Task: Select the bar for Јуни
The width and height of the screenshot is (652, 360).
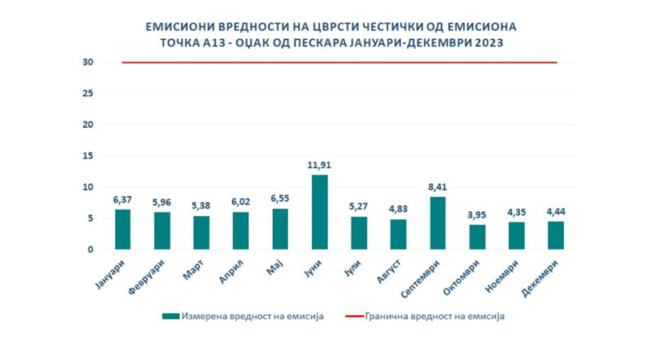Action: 319,213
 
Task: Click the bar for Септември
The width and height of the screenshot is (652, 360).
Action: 438,223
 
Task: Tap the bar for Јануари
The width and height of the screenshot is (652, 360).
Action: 121,230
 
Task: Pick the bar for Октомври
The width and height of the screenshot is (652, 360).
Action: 477,237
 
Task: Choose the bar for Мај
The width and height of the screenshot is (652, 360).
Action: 280,229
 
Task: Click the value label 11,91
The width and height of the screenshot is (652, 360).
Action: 319,165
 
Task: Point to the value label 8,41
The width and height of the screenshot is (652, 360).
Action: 438,187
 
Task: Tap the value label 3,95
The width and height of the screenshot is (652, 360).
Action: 477,215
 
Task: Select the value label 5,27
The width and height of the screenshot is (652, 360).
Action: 359,207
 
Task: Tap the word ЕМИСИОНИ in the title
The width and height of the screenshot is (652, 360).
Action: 189,25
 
